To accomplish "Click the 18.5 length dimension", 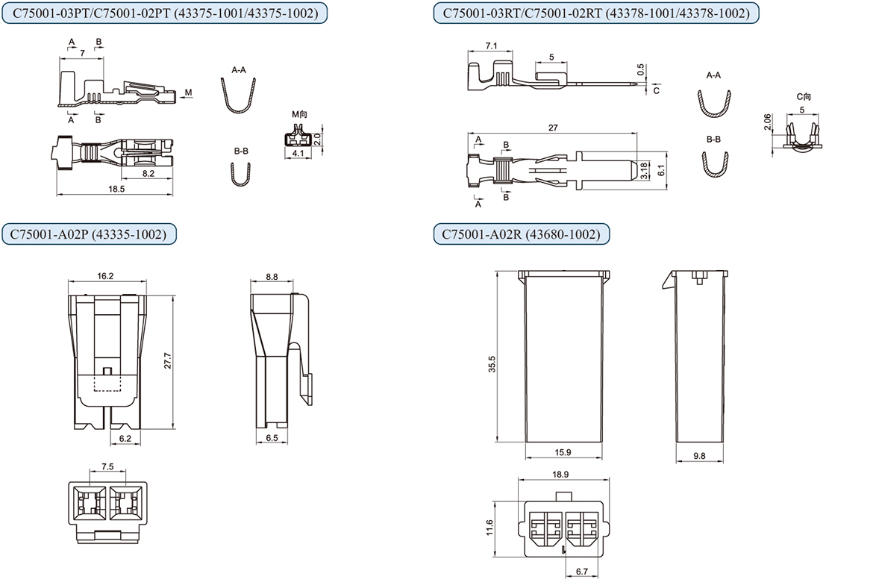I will click(x=116, y=190).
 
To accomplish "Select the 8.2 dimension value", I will click(x=148, y=173).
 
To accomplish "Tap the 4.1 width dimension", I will click(x=298, y=154).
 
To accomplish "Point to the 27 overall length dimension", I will click(x=553, y=128).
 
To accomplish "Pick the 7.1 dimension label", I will click(x=491, y=46).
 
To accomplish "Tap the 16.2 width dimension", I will click(x=105, y=276).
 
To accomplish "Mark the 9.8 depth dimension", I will click(x=700, y=454).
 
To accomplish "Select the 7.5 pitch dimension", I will click(x=107, y=466).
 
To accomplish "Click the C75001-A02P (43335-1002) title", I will click(x=88, y=234).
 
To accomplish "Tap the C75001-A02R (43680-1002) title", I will click(x=521, y=234).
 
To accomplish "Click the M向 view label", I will click(x=299, y=113).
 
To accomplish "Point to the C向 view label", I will click(x=804, y=96).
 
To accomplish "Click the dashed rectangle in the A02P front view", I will click(x=107, y=382).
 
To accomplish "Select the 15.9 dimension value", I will click(x=563, y=453).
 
